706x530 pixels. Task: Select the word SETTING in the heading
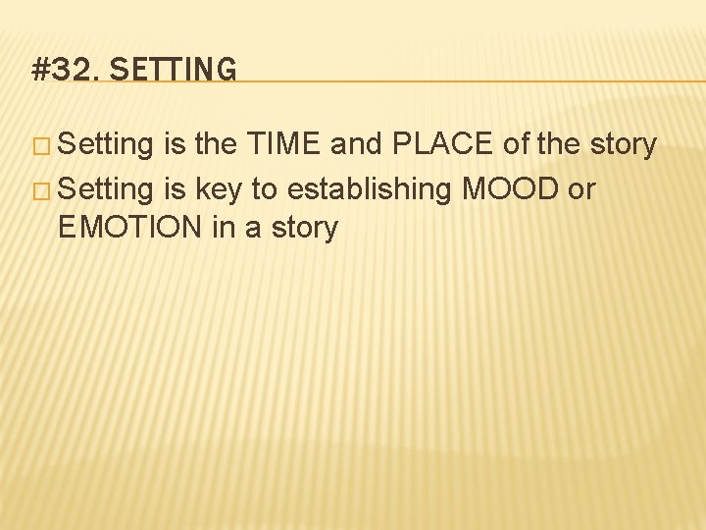coord(174,70)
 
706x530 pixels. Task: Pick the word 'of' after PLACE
coord(516,145)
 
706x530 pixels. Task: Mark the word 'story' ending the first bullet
coord(623,145)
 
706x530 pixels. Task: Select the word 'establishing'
coord(370,187)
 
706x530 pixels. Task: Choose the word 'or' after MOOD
coord(580,187)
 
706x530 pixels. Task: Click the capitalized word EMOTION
coord(127,229)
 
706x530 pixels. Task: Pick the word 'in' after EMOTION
coord(221,229)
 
